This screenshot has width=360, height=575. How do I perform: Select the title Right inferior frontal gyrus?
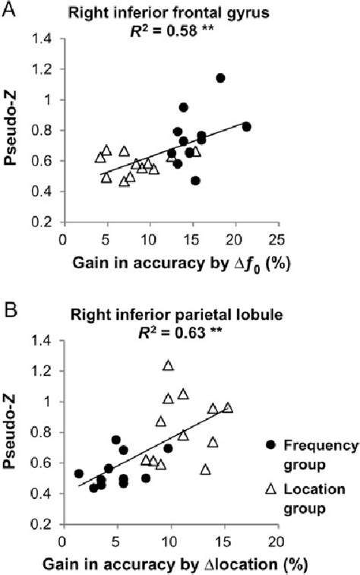point(169,11)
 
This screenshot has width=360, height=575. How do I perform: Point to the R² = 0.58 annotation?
point(169,28)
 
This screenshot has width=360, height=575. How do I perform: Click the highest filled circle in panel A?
point(220,78)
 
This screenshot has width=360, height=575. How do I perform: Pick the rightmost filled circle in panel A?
point(246,126)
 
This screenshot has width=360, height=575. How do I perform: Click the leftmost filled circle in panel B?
point(78,473)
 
